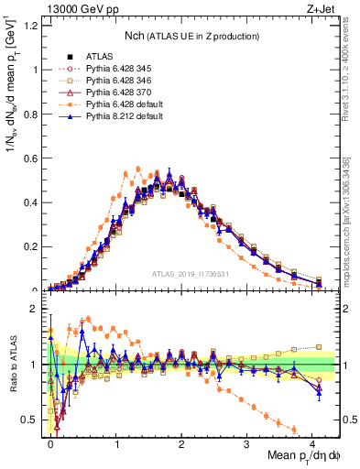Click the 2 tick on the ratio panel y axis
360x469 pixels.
[36, 310]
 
